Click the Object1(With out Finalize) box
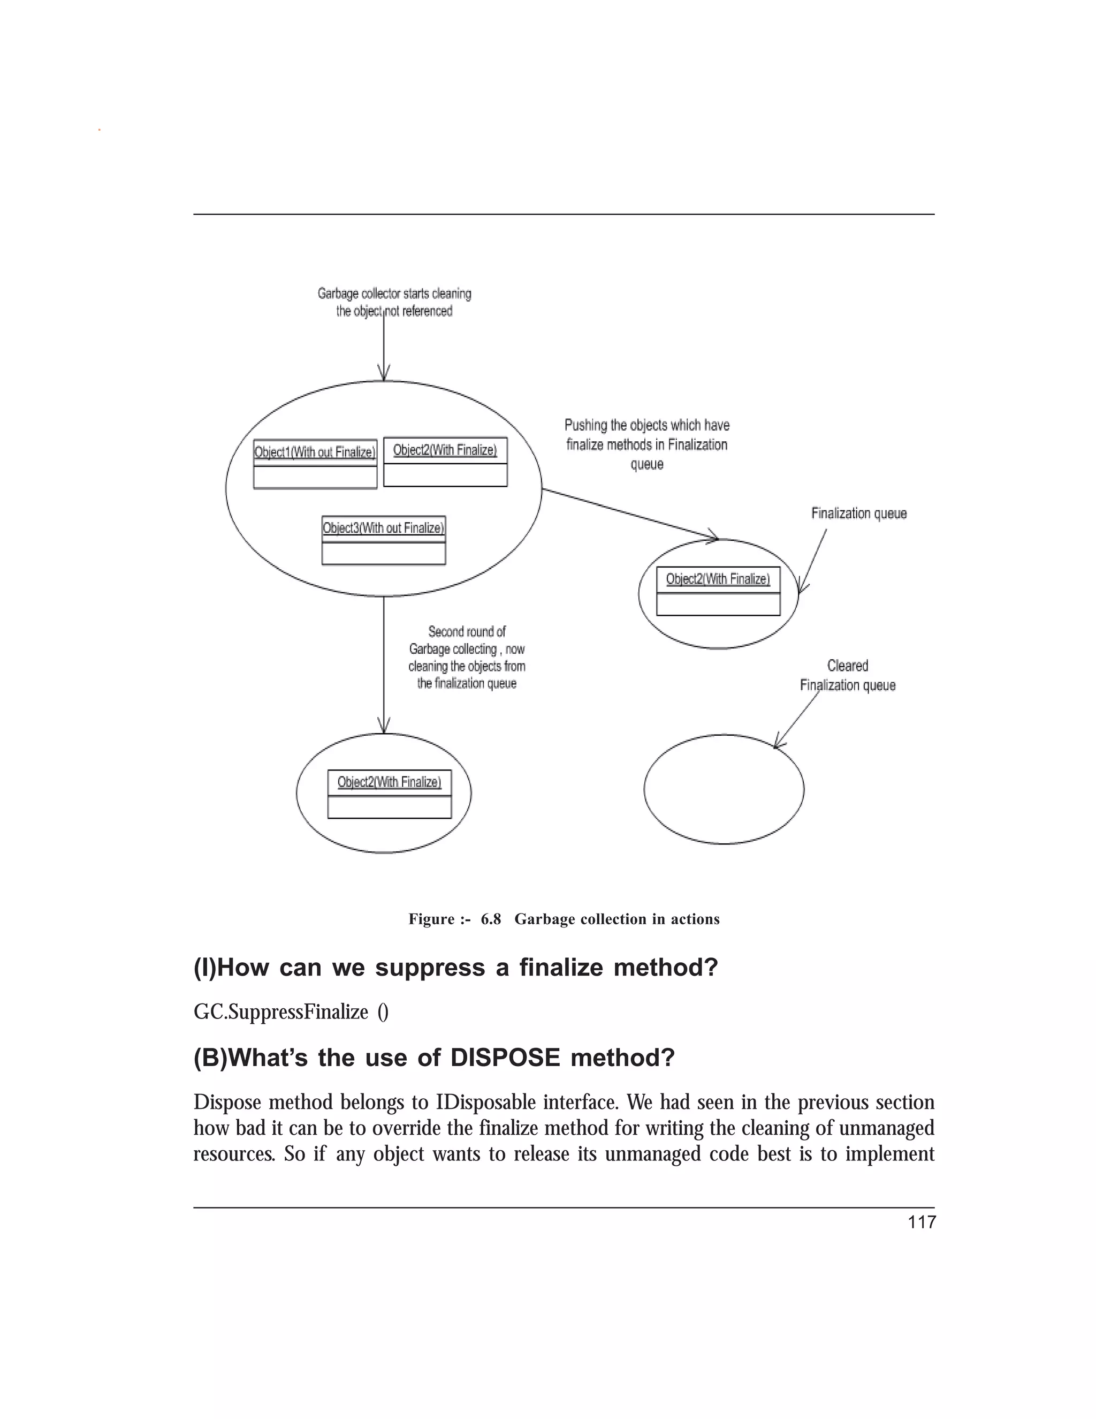[x=315, y=464]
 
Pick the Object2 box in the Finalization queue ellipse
[x=718, y=591]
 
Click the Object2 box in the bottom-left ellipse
[x=390, y=794]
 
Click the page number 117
[x=922, y=1222]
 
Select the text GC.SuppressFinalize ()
[x=291, y=1012]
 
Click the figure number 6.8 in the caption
[x=491, y=919]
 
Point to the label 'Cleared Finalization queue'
[x=847, y=676]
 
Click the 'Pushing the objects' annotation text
[x=646, y=444]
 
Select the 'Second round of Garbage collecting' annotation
[x=467, y=657]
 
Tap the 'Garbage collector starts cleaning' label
[x=394, y=302]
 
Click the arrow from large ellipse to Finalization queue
[x=630, y=514]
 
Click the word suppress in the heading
[x=430, y=968]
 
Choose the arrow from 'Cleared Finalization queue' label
[x=797, y=720]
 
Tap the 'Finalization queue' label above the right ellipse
[x=858, y=514]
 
